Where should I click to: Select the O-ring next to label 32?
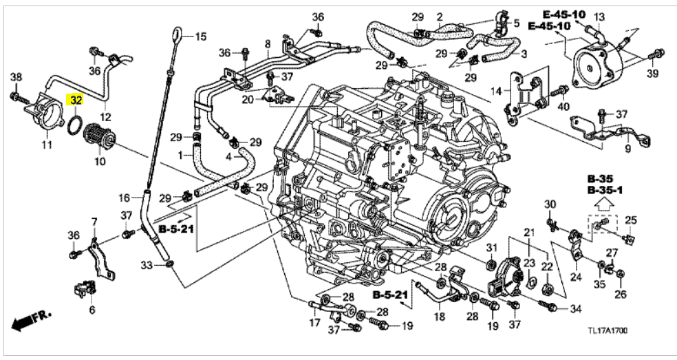pyautogui.click(x=76, y=123)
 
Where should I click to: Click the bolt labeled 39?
pyautogui.click(x=658, y=52)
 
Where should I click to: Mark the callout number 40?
pyautogui.click(x=563, y=107)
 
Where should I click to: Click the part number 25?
pyautogui.click(x=630, y=220)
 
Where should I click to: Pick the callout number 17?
pyautogui.click(x=315, y=322)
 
